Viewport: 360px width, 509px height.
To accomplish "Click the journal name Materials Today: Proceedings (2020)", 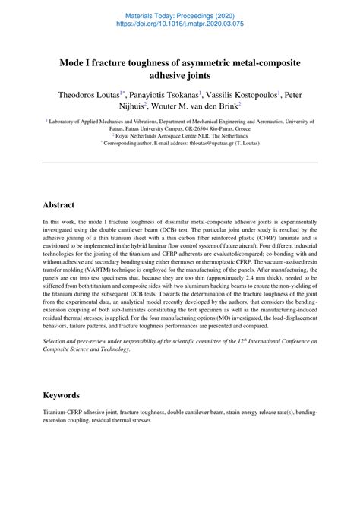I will pos(179,14).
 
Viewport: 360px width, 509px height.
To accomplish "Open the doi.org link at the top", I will pos(179,24).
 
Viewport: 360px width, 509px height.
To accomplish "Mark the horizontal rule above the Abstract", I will pos(179,162).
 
